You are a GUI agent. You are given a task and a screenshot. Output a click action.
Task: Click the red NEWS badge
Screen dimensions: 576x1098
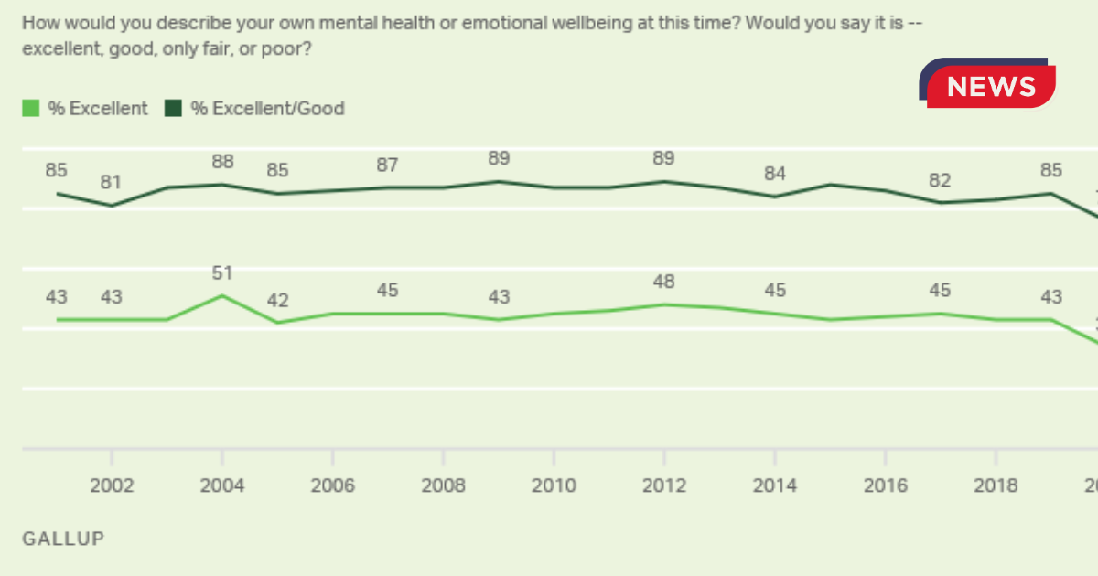click(991, 86)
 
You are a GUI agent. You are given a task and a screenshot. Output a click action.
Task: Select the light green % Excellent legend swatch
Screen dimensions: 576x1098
click(31, 108)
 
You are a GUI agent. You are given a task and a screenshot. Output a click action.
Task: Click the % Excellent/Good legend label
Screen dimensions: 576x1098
click(267, 108)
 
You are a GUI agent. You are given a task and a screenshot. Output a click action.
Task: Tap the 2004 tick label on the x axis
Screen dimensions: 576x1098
click(222, 485)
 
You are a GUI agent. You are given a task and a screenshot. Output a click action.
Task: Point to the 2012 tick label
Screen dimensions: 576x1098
click(664, 485)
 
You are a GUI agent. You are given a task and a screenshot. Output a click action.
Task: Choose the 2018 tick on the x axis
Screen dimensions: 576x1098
click(996, 485)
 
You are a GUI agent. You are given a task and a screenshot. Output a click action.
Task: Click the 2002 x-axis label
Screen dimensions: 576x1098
click(112, 485)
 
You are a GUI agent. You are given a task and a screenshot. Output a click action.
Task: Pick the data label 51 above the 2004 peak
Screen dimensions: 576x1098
click(222, 272)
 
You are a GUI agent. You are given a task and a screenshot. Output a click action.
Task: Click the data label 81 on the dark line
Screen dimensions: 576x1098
click(111, 182)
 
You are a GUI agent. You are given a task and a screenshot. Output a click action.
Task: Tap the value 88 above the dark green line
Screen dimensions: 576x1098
click(222, 162)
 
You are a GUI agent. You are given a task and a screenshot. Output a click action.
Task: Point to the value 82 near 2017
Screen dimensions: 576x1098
click(940, 180)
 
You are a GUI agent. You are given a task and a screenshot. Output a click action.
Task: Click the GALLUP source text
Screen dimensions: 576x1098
click(63, 539)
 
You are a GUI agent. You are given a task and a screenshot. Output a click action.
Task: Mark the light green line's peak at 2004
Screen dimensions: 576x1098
click(221, 296)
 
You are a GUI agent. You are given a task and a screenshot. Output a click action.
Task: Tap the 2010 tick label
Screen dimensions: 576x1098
click(554, 485)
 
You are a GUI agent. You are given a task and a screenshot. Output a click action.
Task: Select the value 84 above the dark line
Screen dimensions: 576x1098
click(774, 174)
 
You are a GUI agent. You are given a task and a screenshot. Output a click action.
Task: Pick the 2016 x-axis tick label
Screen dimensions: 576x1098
click(885, 485)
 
